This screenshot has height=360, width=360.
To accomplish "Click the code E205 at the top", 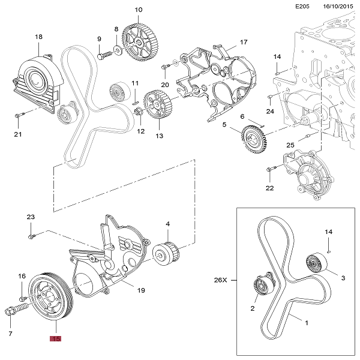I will pos(302,7).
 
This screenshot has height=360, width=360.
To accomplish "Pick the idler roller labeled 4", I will pos(166,254).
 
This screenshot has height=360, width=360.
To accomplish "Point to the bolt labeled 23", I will pos(32,235).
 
